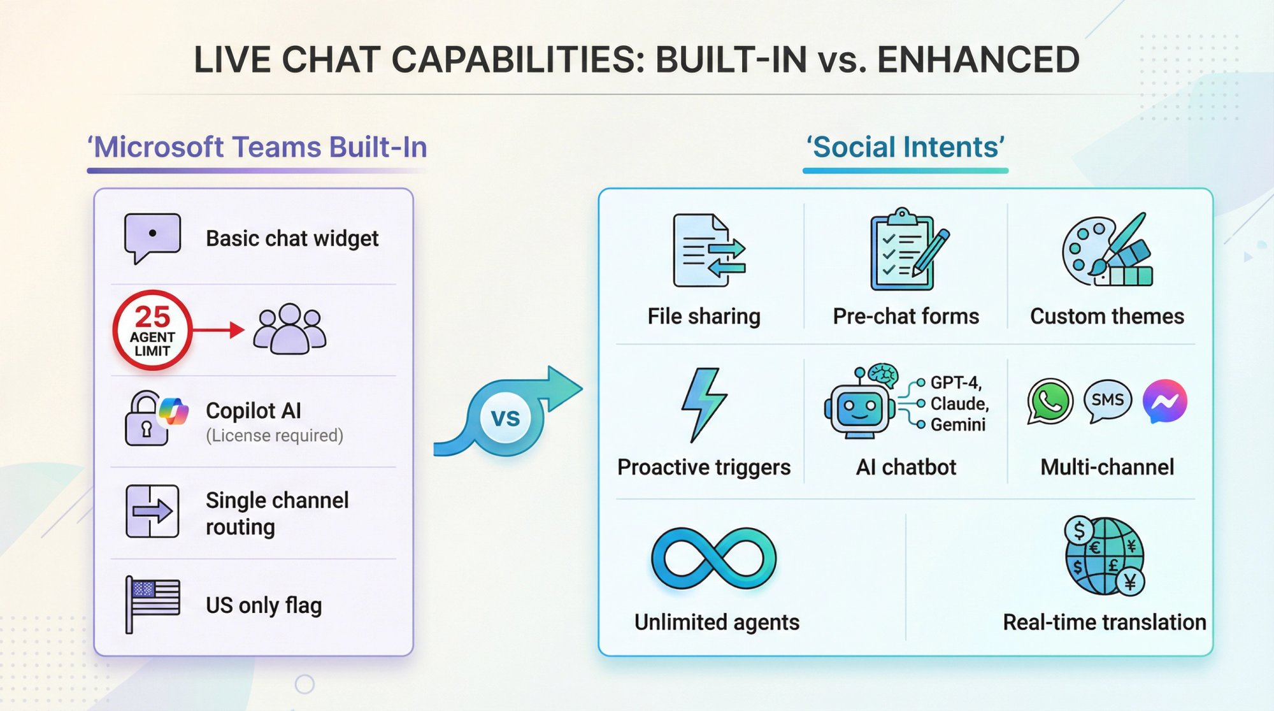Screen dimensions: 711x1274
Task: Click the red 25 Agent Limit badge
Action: point(153,330)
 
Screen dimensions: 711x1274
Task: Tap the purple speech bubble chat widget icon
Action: point(152,237)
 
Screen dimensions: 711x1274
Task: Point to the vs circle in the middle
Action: point(506,418)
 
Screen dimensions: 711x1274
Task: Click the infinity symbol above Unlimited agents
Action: point(713,558)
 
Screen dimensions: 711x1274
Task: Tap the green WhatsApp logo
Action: point(1050,401)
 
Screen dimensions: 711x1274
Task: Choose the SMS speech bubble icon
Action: point(1108,401)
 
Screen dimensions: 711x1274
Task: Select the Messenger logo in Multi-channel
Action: point(1164,401)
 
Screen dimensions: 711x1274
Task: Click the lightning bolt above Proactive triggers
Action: point(703,404)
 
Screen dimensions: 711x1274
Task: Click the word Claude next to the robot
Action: point(959,404)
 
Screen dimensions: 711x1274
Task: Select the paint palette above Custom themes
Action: point(1107,250)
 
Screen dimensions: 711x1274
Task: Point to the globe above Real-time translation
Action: point(1105,556)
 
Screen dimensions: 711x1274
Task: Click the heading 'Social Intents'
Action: point(905,147)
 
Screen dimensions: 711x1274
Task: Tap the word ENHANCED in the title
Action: point(978,60)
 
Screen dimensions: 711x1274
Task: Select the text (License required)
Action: point(275,436)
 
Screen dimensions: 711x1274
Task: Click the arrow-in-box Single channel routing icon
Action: point(152,511)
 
